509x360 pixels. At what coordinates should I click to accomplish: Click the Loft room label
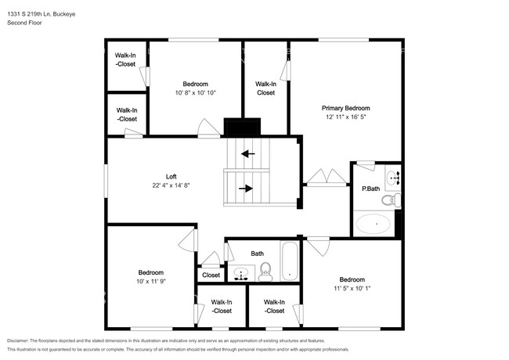[x=171, y=177]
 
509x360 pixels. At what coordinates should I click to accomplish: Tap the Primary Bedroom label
[x=345, y=108]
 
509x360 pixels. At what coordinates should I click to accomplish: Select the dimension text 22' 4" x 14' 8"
[x=171, y=185]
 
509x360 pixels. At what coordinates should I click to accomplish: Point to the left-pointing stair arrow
[x=248, y=153]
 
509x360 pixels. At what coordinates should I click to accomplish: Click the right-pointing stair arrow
[x=246, y=189]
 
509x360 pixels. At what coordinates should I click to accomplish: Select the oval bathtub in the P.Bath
[x=374, y=224]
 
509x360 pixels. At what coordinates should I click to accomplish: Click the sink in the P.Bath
[x=393, y=178]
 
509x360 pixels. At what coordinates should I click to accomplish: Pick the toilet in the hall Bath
[x=265, y=272]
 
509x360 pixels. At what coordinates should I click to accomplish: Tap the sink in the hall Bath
[x=241, y=273]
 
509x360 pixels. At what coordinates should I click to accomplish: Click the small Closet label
[x=211, y=275]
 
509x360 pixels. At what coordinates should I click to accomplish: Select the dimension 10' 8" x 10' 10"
[x=196, y=93]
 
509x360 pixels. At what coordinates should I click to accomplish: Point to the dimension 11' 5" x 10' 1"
[x=352, y=288]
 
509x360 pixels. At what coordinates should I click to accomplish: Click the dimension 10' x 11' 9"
[x=151, y=282]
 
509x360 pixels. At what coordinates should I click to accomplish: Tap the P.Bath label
[x=370, y=189]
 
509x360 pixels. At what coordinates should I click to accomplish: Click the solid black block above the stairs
[x=242, y=127]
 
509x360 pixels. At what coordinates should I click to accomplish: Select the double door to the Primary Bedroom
[x=327, y=178]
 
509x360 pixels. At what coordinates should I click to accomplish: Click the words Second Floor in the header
[x=24, y=23]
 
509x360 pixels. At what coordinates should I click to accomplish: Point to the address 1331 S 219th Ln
[x=29, y=14]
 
